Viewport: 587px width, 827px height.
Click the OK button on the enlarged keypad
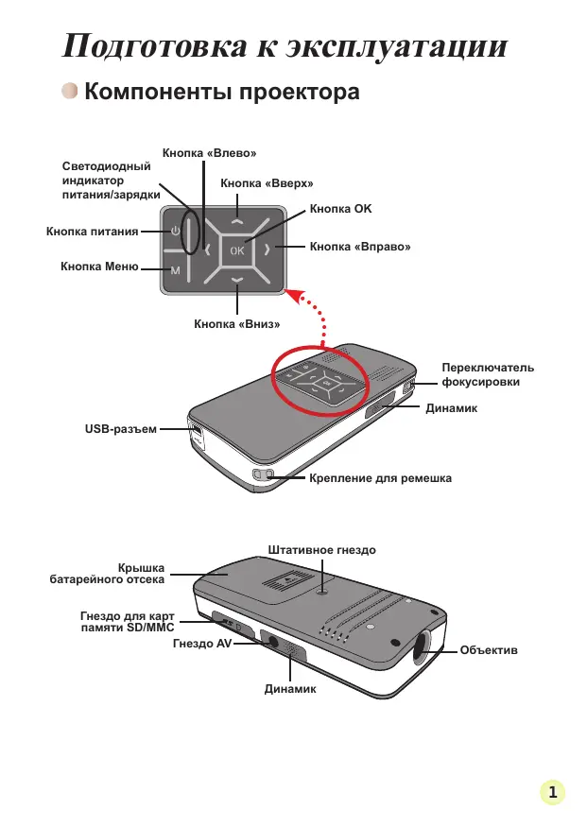click(236, 250)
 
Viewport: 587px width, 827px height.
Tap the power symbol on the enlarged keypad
click(175, 231)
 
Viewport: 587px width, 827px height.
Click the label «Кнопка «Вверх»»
click(267, 183)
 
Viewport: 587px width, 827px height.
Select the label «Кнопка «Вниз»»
click(237, 323)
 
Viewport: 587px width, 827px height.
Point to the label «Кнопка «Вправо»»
click(360, 248)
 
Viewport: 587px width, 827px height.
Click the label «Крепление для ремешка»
click(380, 478)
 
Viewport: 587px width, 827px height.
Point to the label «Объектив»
click(488, 651)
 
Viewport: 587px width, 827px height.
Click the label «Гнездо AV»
click(202, 643)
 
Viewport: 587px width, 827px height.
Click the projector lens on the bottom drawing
click(423, 647)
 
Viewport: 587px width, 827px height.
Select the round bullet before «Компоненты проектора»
click(70, 92)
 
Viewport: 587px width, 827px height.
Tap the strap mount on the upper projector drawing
click(263, 474)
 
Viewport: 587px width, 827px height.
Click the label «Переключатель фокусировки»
click(488, 374)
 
